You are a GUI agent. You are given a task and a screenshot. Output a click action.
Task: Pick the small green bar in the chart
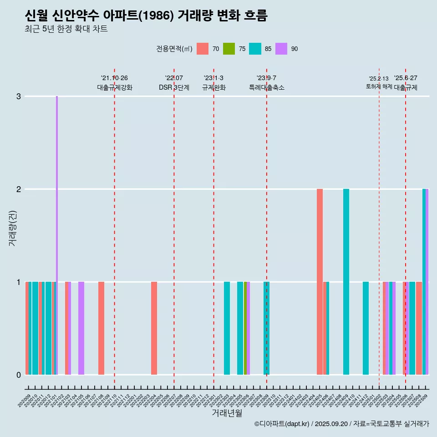tap(245, 328)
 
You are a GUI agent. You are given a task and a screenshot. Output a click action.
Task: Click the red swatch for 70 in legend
tap(203, 49)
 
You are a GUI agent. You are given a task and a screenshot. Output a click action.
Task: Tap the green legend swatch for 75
tap(229, 49)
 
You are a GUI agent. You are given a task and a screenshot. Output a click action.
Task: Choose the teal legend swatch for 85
tap(255, 49)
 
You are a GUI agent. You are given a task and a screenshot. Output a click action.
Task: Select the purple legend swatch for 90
tap(282, 49)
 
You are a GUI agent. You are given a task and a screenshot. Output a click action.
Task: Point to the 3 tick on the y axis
tap(19, 97)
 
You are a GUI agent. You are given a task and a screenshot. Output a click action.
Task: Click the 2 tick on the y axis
tap(19, 189)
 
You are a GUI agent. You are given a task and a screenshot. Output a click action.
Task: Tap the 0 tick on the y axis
tap(19, 375)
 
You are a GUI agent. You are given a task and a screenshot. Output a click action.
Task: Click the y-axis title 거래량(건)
tap(13, 228)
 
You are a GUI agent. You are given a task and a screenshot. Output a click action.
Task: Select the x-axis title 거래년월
tap(227, 413)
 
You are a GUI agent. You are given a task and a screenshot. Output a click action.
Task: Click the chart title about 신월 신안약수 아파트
tap(146, 16)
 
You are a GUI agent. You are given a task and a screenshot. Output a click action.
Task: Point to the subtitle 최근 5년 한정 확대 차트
tap(66, 30)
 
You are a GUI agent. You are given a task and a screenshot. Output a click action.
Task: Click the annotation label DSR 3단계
tap(174, 87)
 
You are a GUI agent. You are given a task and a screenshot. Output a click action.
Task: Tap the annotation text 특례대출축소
tap(267, 87)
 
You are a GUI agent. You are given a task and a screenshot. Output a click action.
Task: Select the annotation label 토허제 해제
tap(379, 86)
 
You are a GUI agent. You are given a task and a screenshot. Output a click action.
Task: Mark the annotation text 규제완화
tap(213, 87)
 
